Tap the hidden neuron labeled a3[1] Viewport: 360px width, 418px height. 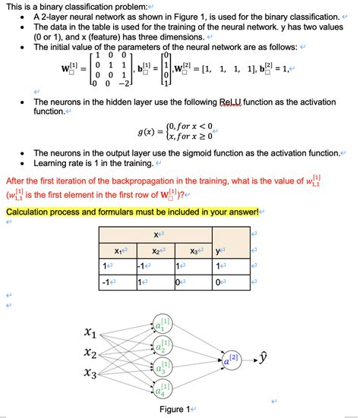tap(162, 369)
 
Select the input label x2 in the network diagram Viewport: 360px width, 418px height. tap(90, 353)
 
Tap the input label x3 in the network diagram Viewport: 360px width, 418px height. tap(90, 373)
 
